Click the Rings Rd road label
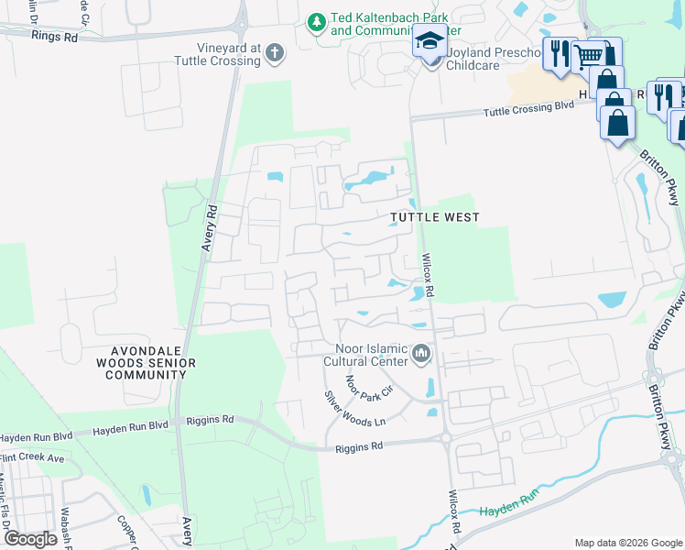(52, 35)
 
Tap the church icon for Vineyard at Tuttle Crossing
(274, 54)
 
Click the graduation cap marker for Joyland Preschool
(429, 41)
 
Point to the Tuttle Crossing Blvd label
(530, 107)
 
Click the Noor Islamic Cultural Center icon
(421, 353)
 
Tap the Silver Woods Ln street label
(355, 408)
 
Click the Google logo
(30, 538)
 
